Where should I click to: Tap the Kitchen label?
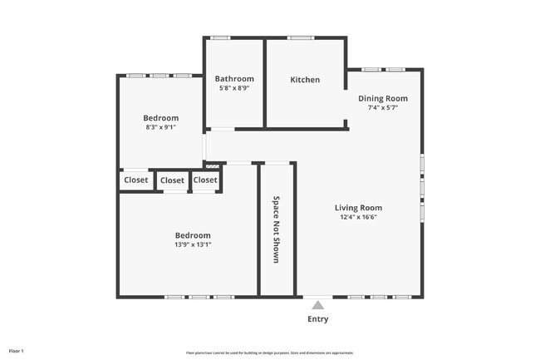305,80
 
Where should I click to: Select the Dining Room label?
383,98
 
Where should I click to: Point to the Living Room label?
358,208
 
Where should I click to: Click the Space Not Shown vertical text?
277,229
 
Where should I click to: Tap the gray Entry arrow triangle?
317,305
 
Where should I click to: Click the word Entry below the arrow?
317,319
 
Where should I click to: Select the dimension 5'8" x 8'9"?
234,88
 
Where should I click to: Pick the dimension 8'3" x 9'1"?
161,128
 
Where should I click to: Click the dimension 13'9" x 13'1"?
193,244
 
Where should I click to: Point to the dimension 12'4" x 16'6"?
358,217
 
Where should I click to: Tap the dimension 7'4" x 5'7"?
383,108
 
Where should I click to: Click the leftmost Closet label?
136,180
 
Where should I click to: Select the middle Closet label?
172,180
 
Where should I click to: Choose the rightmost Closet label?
205,180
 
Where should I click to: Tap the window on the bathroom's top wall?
220,37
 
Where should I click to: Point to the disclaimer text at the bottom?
269,353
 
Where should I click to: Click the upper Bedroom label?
160,118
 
